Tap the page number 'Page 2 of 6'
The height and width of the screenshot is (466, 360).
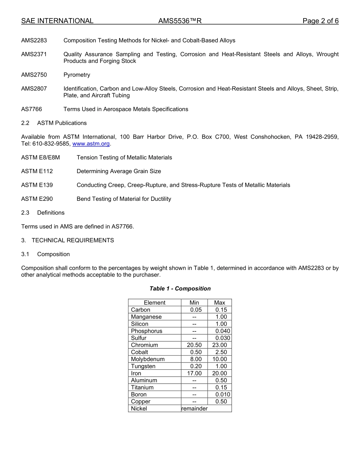point(320,21)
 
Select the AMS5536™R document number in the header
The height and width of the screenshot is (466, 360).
point(180,21)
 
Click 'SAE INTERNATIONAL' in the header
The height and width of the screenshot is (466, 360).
point(57,21)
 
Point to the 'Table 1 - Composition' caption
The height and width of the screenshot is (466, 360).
point(180,289)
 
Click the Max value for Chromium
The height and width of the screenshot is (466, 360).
point(220,345)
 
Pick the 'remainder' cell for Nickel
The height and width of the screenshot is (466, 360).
point(194,409)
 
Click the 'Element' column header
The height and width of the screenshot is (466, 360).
point(155,303)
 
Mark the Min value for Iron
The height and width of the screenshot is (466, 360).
point(194,373)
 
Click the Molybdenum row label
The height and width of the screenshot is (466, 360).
point(148,359)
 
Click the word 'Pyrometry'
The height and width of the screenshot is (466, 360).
point(77,75)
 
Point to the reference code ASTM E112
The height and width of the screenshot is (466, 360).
point(37,171)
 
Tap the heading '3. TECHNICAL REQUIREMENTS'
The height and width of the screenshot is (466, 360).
point(67,240)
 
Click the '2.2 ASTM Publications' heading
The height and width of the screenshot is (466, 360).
point(54,123)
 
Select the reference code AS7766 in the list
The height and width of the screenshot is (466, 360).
point(32,109)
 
